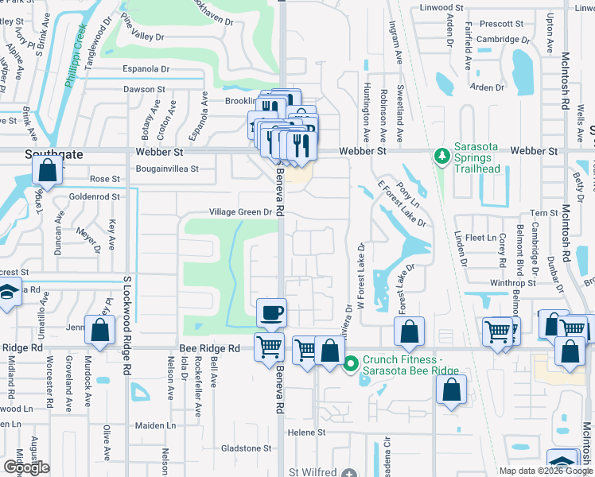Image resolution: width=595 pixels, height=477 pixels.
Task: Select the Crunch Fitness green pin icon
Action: (x=350, y=365)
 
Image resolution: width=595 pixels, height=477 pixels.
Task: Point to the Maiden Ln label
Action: (x=155, y=425)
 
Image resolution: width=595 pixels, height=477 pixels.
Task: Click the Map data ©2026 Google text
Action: (x=546, y=471)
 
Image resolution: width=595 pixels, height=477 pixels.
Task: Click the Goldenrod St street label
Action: (x=93, y=196)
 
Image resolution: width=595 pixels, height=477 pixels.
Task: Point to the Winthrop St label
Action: (x=513, y=283)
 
